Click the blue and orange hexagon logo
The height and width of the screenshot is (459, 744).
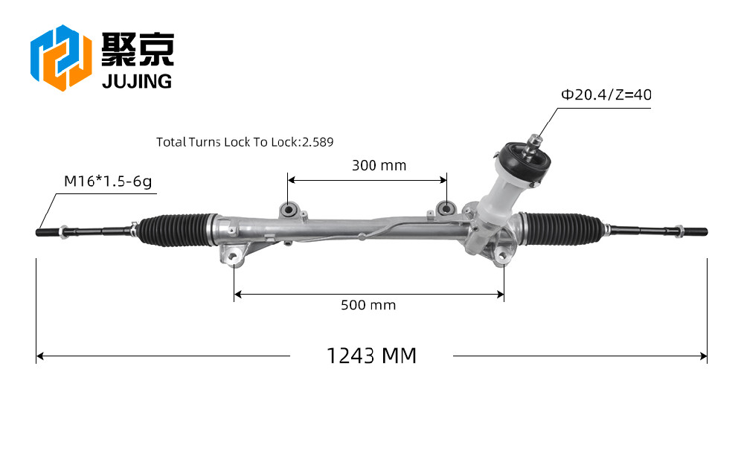61,58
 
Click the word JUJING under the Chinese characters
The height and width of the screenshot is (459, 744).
137,82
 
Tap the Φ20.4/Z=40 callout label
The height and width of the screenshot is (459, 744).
606,95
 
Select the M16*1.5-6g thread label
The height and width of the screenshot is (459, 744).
108,182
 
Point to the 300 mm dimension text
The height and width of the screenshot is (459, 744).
379,166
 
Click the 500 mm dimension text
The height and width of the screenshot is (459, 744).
368,305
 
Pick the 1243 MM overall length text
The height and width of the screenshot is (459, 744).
371,356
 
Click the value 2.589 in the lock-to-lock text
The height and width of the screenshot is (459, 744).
318,142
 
